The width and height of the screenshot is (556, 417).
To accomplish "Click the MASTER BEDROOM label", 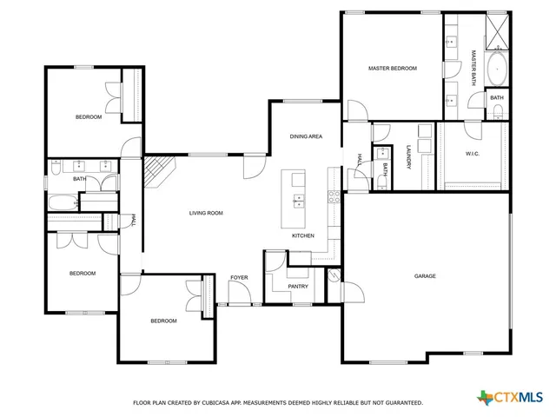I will pyautogui.click(x=392, y=68).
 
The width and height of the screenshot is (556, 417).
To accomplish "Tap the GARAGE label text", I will pyautogui.click(x=424, y=276).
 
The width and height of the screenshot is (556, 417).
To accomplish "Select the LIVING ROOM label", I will pyautogui.click(x=207, y=213).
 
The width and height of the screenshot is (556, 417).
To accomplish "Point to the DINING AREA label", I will pyautogui.click(x=306, y=136).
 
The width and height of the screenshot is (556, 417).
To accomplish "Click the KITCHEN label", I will pyautogui.click(x=302, y=236).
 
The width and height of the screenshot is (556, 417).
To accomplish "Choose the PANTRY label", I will pyautogui.click(x=298, y=286).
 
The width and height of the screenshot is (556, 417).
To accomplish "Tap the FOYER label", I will pyautogui.click(x=239, y=278).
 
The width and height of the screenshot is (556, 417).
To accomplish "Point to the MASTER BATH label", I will pyautogui.click(x=474, y=67).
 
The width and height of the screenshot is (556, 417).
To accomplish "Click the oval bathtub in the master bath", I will pyautogui.click(x=498, y=69).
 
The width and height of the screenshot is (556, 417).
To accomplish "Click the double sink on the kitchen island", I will pyautogui.click(x=299, y=202).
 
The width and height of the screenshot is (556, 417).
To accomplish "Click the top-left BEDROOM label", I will pyautogui.click(x=88, y=117).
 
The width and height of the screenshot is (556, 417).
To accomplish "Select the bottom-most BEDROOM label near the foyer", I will pyautogui.click(x=163, y=321).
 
